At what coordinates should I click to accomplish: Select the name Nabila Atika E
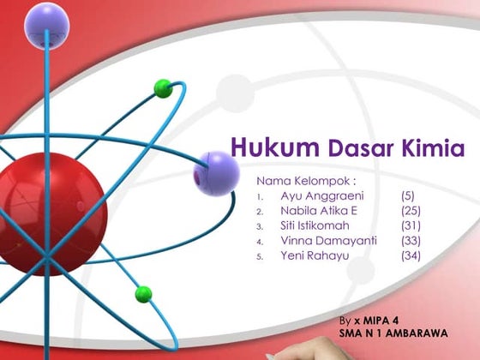318,211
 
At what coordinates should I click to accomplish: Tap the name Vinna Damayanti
328,241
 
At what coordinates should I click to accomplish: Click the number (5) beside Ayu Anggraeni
408,196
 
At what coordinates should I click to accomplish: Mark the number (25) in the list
411,211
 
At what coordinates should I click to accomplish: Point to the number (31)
411,225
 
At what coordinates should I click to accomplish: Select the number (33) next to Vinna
411,241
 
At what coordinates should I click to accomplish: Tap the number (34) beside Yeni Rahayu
411,255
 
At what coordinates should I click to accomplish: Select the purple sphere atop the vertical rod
46,24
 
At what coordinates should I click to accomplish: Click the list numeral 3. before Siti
260,226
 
